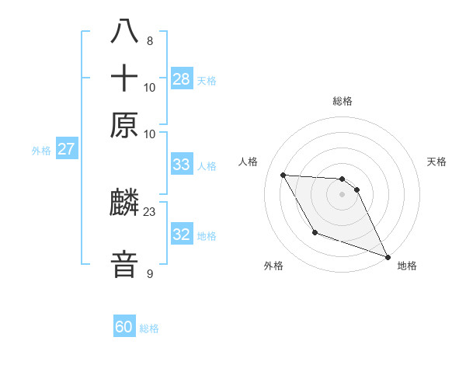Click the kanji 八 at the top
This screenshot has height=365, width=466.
click(x=125, y=33)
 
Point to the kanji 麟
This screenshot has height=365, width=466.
click(x=125, y=204)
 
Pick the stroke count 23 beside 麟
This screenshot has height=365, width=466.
click(x=150, y=210)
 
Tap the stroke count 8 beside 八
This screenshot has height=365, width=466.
click(x=149, y=41)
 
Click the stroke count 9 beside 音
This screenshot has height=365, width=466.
click(x=149, y=273)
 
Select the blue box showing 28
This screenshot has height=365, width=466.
click(x=182, y=78)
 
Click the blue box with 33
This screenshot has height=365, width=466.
click(x=182, y=165)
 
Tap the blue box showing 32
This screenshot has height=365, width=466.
click(x=182, y=235)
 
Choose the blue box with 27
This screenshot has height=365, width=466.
click(x=66, y=149)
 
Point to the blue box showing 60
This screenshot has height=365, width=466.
click(x=124, y=327)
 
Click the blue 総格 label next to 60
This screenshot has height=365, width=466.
click(x=149, y=328)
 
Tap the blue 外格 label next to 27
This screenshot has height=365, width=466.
click(x=41, y=151)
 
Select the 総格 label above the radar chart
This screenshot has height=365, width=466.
click(x=343, y=101)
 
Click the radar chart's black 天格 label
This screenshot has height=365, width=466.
click(x=437, y=162)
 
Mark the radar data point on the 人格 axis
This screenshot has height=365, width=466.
click(x=283, y=175)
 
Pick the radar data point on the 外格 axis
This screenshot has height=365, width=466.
click(x=315, y=232)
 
